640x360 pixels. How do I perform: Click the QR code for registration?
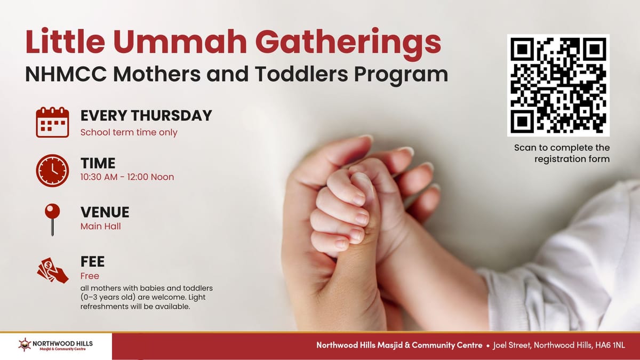coord(558,85)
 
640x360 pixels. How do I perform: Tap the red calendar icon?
coord(52,122)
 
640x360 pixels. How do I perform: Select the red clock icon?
coord(52,170)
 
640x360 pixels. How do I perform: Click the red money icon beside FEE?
coord(52,269)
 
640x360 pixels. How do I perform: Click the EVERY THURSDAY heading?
coord(146,115)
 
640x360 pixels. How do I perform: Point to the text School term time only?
coord(129,132)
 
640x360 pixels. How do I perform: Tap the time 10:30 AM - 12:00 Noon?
coord(127,177)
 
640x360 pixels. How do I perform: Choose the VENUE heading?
coord(105,212)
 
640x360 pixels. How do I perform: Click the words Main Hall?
coord(100,226)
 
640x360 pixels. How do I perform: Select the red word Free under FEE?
coord(90,276)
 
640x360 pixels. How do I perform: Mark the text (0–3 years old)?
coord(110,298)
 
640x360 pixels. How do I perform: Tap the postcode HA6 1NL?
coord(610,345)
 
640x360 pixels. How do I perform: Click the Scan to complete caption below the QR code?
coord(562,148)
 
